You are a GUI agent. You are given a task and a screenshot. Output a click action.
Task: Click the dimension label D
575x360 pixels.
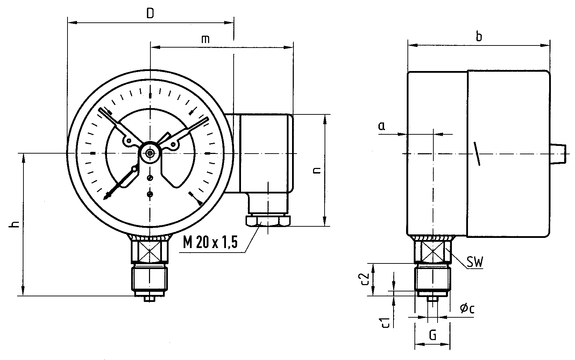click(x=150, y=14)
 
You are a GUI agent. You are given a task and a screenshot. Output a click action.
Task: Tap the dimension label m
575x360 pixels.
click(x=206, y=38)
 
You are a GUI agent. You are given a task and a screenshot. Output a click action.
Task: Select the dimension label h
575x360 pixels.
click(x=15, y=224)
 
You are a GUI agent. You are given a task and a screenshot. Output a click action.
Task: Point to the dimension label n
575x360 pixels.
click(x=317, y=170)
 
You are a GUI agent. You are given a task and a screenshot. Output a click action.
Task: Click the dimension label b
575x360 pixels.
click(x=478, y=36)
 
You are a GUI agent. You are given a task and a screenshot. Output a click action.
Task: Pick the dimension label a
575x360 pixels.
click(x=382, y=126)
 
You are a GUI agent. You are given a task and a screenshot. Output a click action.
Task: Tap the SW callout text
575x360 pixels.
click(x=475, y=262)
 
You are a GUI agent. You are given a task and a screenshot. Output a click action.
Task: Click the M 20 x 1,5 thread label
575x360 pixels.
click(x=210, y=242)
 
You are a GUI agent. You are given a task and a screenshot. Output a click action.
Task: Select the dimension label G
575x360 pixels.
click(x=433, y=335)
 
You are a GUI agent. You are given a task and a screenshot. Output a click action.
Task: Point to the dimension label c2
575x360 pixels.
click(x=365, y=279)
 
